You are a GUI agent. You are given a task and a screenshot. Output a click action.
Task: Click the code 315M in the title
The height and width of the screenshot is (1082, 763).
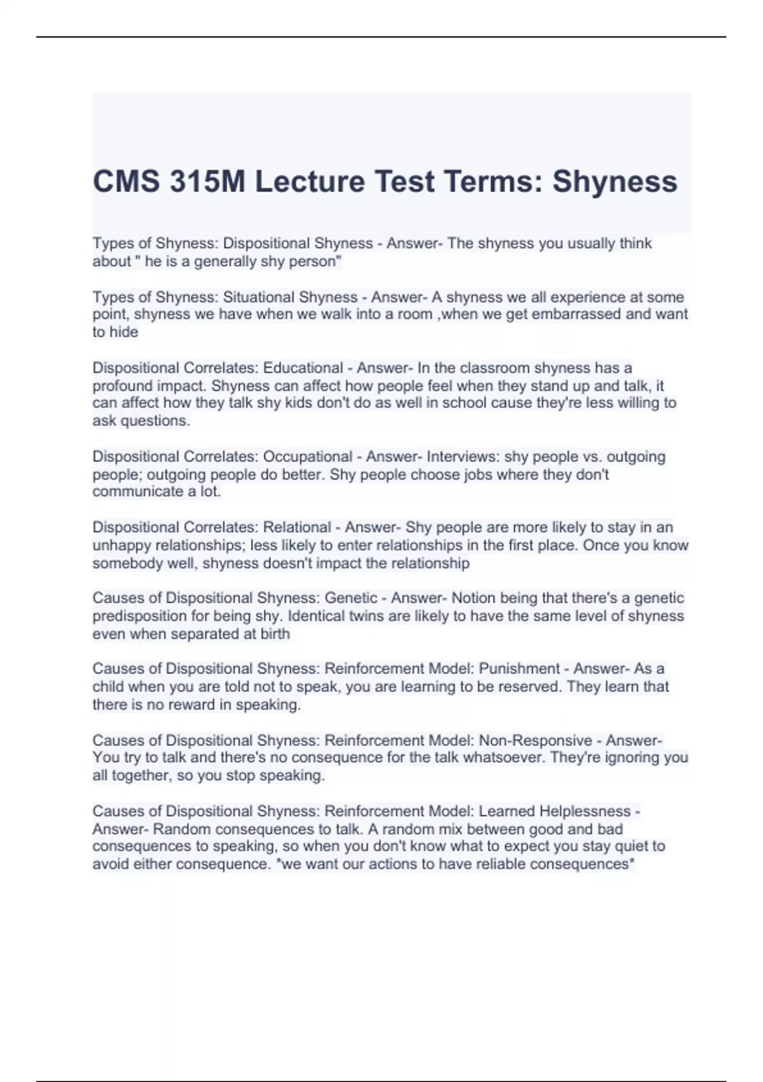[x=206, y=181]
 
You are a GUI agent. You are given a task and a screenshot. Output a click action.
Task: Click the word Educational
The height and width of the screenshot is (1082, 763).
[x=303, y=368]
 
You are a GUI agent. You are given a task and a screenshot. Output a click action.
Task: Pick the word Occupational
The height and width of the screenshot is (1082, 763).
[x=308, y=457]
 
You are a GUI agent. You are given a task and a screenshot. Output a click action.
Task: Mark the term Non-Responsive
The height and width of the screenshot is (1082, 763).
[x=535, y=740]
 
